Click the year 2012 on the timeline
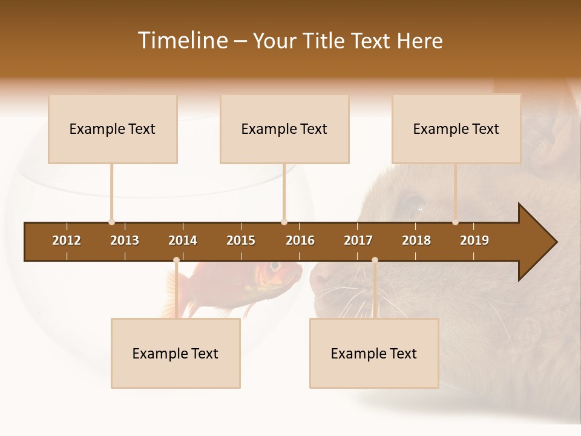click(67, 240)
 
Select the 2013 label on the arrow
click(125, 240)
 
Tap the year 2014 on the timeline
click(183, 240)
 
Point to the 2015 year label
click(241, 240)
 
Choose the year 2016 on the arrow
click(300, 240)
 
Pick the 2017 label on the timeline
click(358, 240)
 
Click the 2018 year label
click(416, 240)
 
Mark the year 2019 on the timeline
click(474, 240)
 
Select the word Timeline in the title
click(182, 41)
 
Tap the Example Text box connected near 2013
click(113, 129)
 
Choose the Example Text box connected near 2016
click(284, 129)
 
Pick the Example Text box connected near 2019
click(456, 129)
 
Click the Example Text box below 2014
click(176, 354)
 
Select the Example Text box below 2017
click(374, 354)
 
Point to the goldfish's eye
click(275, 266)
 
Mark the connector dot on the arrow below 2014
click(176, 260)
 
